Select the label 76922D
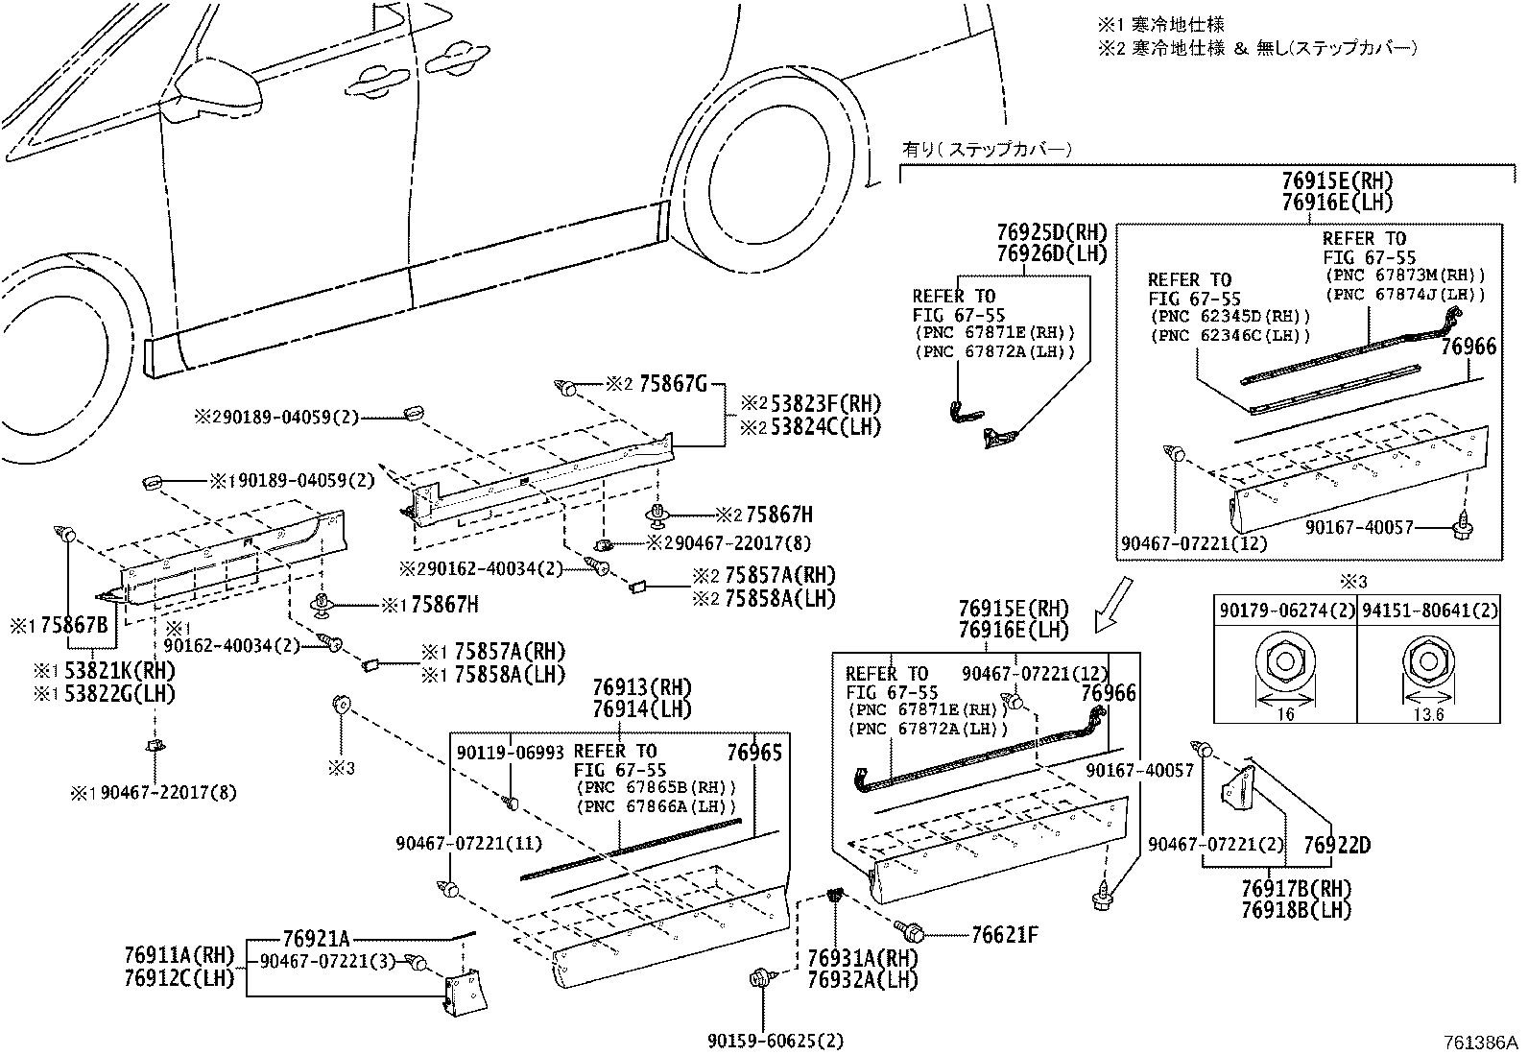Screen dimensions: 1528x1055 (x=1337, y=845)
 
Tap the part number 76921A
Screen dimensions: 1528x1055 (x=316, y=939)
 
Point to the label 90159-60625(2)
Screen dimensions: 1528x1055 (x=776, y=1041)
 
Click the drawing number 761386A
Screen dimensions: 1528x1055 (x=1480, y=1043)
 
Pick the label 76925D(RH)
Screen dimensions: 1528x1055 (x=1052, y=232)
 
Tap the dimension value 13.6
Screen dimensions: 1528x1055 (x=1428, y=714)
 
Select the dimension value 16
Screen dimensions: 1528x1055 (x=1285, y=714)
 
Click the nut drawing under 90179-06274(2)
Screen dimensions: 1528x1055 (x=1285, y=662)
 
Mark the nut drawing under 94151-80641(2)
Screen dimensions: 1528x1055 (x=1428, y=662)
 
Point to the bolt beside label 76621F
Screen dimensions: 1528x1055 (x=909, y=928)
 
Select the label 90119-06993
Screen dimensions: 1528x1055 (x=511, y=753)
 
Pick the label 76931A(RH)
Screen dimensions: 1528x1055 (x=863, y=958)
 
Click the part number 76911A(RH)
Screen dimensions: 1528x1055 (x=179, y=955)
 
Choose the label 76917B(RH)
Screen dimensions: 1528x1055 (x=1297, y=889)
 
